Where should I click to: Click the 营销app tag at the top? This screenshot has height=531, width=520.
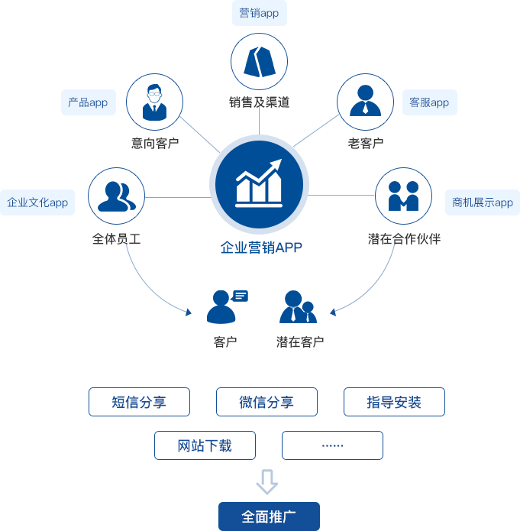[259, 13]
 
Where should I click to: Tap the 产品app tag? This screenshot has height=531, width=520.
[88, 102]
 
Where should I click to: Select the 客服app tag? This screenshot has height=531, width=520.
[429, 102]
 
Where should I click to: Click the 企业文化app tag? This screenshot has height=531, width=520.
[37, 202]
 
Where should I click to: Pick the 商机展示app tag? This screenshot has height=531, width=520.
[483, 202]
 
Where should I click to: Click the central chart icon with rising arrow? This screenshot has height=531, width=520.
[259, 184]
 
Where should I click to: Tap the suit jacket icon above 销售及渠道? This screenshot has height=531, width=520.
[259, 62]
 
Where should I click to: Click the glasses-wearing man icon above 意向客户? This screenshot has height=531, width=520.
[154, 102]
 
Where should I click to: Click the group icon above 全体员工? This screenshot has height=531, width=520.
[116, 196]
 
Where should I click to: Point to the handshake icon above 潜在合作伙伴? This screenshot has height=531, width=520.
[403, 196]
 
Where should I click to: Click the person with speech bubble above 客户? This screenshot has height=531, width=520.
[226, 306]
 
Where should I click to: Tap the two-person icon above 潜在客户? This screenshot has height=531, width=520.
[298, 306]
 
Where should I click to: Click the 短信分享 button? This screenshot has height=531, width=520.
[139, 402]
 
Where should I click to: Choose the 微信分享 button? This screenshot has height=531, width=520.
[266, 402]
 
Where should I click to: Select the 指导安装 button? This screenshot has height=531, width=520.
[394, 402]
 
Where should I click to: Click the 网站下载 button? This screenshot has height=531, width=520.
[205, 445]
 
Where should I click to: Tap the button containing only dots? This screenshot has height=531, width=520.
[332, 445]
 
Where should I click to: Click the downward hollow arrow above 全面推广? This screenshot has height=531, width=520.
[266, 481]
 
